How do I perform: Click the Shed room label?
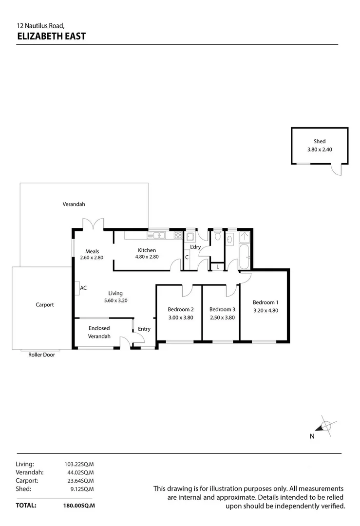[x=320, y=141]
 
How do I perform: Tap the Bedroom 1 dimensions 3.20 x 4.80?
[x=265, y=310]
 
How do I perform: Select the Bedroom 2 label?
[x=181, y=309]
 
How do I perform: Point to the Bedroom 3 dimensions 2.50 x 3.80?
[x=222, y=318]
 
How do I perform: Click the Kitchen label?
[x=147, y=250]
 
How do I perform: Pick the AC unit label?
[x=83, y=288]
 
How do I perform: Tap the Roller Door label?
[x=41, y=355]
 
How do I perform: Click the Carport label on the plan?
[x=45, y=305]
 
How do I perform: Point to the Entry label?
[x=144, y=329]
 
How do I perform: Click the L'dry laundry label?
[x=195, y=247]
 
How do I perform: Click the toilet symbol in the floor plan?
[x=217, y=237]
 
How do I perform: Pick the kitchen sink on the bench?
[x=158, y=236]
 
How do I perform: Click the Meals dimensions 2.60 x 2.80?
[x=92, y=258]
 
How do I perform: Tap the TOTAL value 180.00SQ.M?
[x=79, y=506]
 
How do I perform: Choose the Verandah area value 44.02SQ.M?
[x=79, y=472]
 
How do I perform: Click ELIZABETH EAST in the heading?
[x=51, y=36]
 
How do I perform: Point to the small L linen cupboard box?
[x=217, y=266]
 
